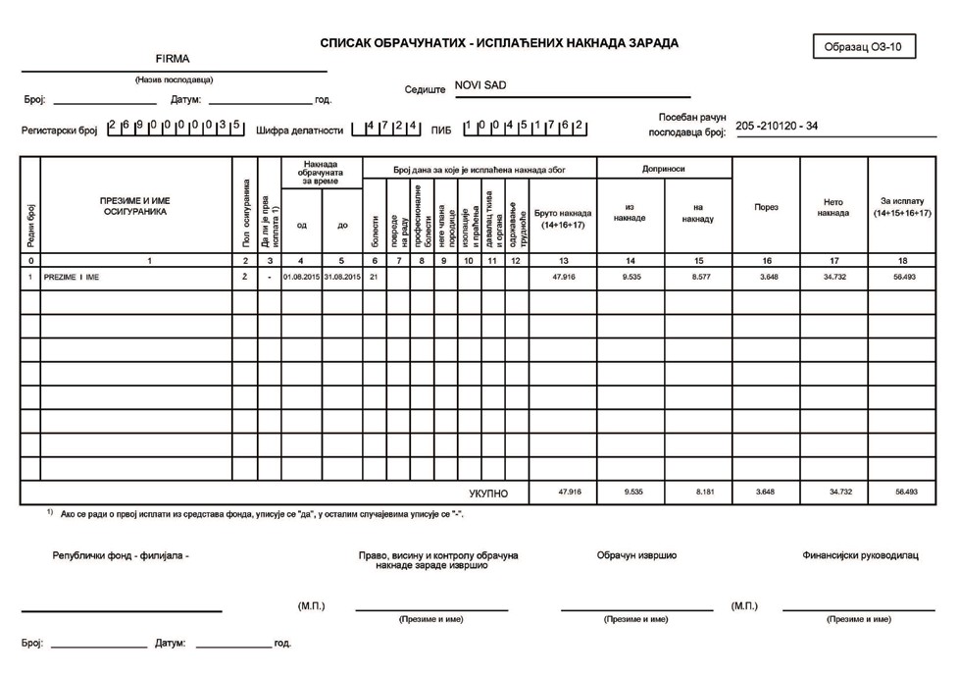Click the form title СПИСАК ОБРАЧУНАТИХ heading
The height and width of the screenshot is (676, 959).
pyautogui.click(x=499, y=43)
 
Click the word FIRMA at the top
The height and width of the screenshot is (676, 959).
pyautogui.click(x=172, y=60)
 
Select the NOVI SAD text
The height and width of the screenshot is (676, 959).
pyautogui.click(x=480, y=86)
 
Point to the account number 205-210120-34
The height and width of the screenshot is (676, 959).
pyautogui.click(x=777, y=126)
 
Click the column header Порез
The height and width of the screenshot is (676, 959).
pyautogui.click(x=766, y=207)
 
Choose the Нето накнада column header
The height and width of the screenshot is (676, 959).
pyautogui.click(x=833, y=207)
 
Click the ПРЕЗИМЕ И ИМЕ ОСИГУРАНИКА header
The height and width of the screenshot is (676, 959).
pyautogui.click(x=135, y=205)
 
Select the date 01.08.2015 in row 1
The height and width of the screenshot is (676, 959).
pyautogui.click(x=301, y=278)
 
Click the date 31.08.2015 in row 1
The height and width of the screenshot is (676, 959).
pyautogui.click(x=342, y=278)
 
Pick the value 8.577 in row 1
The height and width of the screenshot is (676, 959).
pyautogui.click(x=698, y=278)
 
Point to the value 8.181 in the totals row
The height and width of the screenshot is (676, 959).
pyautogui.click(x=698, y=492)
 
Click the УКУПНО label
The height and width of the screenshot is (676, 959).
pyautogui.click(x=488, y=493)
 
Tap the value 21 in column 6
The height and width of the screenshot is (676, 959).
pyautogui.click(x=375, y=278)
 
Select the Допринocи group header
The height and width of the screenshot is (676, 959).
pyautogui.click(x=664, y=169)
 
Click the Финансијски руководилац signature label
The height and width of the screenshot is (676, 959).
pyautogui.click(x=860, y=555)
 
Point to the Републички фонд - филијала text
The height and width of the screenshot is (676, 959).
pyautogui.click(x=121, y=555)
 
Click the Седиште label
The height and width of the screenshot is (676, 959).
pyautogui.click(x=425, y=89)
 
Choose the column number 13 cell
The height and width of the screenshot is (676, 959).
pyautogui.click(x=562, y=260)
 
